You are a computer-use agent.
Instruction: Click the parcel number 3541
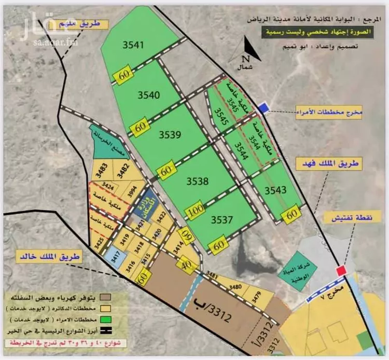(x=133, y=45)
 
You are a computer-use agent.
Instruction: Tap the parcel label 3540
(x=148, y=94)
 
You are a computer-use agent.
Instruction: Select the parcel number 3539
(x=170, y=135)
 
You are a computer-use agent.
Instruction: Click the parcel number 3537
(x=221, y=220)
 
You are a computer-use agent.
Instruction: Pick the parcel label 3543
(x=275, y=190)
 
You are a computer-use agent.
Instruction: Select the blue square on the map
(x=264, y=107)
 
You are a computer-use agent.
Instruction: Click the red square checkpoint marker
(x=341, y=270)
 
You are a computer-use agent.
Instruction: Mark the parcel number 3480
(x=236, y=286)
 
